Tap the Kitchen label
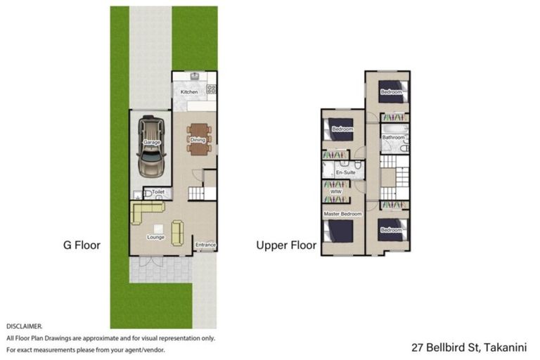click(189, 92)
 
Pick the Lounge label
click(155, 237)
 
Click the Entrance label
click(205, 245)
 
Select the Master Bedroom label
click(342, 213)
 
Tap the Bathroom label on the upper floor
click(393, 137)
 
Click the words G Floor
click(82, 245)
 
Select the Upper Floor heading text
click(286, 245)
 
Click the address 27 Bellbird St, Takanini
click(472, 347)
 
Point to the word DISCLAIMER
click(25, 327)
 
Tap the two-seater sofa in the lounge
click(176, 229)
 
